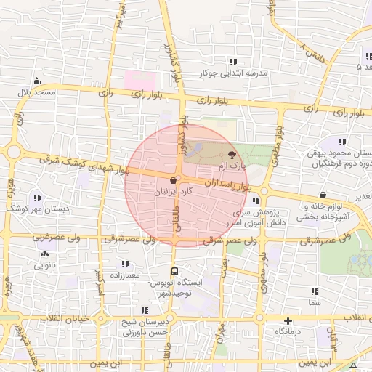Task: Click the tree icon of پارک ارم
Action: [232, 155]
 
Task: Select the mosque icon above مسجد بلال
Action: [36, 81]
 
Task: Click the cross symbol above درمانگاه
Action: [288, 320]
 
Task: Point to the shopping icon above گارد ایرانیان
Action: [173, 180]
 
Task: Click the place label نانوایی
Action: [48, 265]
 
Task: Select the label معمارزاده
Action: [124, 276]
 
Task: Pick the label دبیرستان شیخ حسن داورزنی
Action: [145, 327]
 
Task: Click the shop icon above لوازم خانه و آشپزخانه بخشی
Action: [323, 195]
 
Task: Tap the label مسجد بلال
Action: [37, 93]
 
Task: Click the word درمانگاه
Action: [288, 331]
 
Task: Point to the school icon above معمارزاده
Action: [124, 264]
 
